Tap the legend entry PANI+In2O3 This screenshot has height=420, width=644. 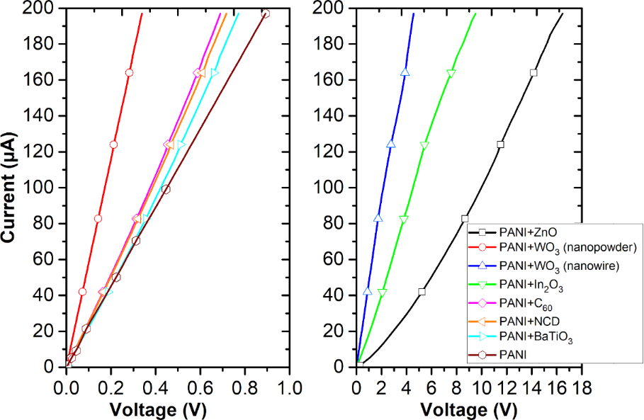[x=525, y=284]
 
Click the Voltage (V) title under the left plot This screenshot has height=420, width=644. [x=154, y=410]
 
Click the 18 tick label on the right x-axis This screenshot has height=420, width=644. [x=582, y=387]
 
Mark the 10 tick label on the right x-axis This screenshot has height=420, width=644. [x=481, y=387]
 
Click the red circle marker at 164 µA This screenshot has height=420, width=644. [x=129, y=73]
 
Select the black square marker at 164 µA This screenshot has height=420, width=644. [x=533, y=73]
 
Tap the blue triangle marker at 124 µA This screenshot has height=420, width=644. [x=390, y=144]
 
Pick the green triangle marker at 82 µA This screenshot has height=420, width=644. [x=404, y=220]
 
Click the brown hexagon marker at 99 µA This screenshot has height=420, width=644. [x=166, y=189]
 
